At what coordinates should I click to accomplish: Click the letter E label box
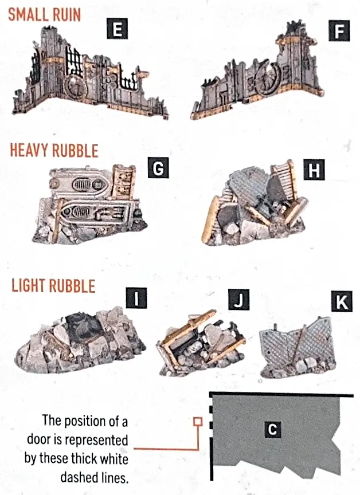pyautogui.click(x=117, y=29)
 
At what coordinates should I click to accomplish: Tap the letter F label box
pyautogui.click(x=339, y=30)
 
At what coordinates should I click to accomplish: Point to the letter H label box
pyautogui.click(x=314, y=170)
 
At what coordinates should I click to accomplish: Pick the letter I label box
pyautogui.click(x=136, y=298)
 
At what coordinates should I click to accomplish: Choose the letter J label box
pyautogui.click(x=238, y=300)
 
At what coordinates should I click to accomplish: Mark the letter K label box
pyautogui.click(x=342, y=301)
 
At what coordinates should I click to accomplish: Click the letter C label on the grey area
pyautogui.click(x=272, y=429)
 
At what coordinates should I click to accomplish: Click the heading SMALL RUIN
pyautogui.click(x=45, y=14)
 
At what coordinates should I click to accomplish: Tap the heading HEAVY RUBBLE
pyautogui.click(x=54, y=150)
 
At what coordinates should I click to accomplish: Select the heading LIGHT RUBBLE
pyautogui.click(x=53, y=286)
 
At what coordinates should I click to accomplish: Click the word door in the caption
pyautogui.click(x=39, y=439)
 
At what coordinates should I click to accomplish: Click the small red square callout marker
pyautogui.click(x=198, y=422)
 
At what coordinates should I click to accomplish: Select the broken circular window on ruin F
pyautogui.click(x=269, y=82)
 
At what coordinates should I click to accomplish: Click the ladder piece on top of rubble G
pyautogui.click(x=124, y=182)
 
